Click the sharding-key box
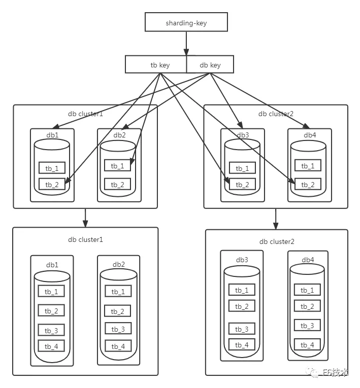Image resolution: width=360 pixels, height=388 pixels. pyautogui.click(x=186, y=22)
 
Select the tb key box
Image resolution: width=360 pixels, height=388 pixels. pyautogui.click(x=156, y=64)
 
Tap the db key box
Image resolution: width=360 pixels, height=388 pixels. pyautogui.click(x=210, y=64)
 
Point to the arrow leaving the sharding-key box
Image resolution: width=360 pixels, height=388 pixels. pyautogui.click(x=186, y=43)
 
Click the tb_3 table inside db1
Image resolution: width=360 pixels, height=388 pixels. pyautogui.click(x=51, y=331)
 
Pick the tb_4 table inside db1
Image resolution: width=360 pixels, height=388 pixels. pyautogui.click(x=51, y=346)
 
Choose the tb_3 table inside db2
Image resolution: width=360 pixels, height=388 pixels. pyautogui.click(x=118, y=329)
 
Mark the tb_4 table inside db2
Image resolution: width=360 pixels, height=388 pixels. pyautogui.click(x=118, y=346)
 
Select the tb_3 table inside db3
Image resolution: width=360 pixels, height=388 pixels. pyautogui.click(x=242, y=329)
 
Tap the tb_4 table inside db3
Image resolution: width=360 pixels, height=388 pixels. pyautogui.click(x=242, y=345)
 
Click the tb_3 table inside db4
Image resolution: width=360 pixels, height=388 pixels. pyautogui.click(x=307, y=326)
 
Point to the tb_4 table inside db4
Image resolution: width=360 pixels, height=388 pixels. pyautogui.click(x=307, y=345)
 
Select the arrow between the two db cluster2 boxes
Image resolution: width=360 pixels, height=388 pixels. pyautogui.click(x=276, y=218)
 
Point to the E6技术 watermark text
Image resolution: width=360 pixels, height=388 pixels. pyautogui.click(x=336, y=373)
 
